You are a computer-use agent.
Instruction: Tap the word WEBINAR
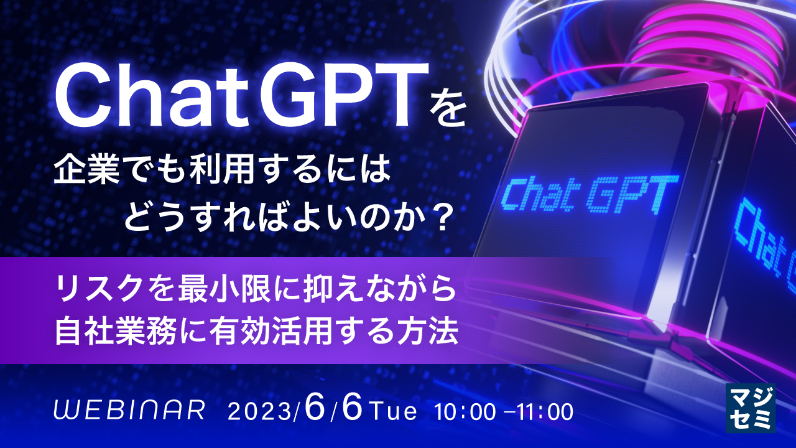130,410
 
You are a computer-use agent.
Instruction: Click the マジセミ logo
751,407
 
